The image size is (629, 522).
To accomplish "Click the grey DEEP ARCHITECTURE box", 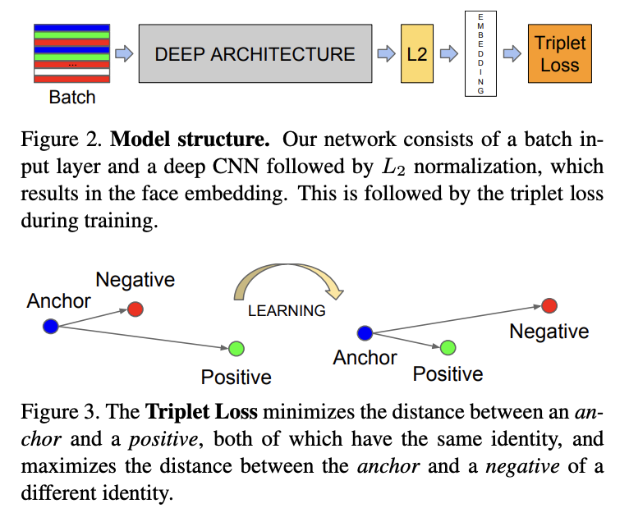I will coord(255,54).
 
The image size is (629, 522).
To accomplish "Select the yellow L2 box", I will coord(417,54).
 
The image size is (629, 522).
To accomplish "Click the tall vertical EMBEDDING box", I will coord(481,53).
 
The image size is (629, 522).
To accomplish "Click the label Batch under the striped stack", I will coord(71,98).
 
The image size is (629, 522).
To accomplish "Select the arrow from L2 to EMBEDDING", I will coord(448,54).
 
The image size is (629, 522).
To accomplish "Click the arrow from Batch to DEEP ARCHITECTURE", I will coord(123,54).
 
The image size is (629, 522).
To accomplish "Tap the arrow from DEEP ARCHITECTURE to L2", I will coord(385,54).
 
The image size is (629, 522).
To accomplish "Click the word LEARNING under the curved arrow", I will coord(287,311).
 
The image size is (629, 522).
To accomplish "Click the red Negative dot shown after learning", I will coord(549,306).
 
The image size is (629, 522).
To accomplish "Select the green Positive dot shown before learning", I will coord(236,348).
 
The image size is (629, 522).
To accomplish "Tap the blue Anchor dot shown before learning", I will coord(50,326).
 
